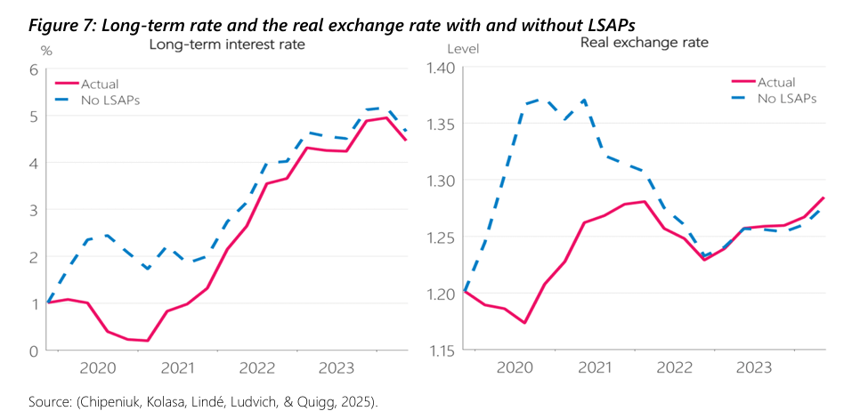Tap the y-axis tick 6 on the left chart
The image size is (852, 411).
click(x=34, y=69)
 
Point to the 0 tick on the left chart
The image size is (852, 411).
click(x=34, y=351)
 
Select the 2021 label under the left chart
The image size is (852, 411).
click(x=177, y=367)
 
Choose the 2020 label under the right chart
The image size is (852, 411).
click(x=515, y=367)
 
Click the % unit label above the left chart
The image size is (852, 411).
click(x=46, y=50)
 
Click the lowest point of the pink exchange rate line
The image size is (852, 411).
click(x=525, y=322)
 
